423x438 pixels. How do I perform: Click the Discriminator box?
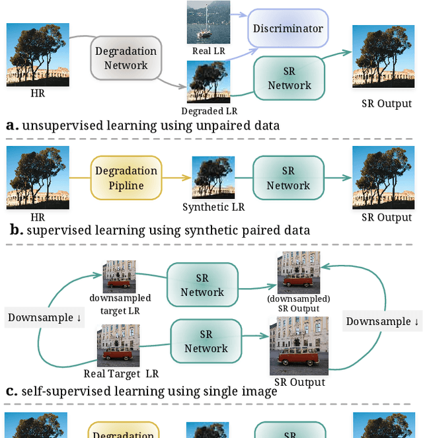point(288,28)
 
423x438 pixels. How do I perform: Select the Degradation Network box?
point(126,58)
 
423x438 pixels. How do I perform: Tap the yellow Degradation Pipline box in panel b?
point(126,178)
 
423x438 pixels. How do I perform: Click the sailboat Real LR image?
point(208,22)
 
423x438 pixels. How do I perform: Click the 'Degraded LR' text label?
point(209,111)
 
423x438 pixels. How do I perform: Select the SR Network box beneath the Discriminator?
point(289,78)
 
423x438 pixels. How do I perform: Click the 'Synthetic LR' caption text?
point(213,207)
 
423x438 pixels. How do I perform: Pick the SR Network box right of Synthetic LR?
point(288,178)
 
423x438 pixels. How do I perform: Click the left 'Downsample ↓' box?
point(44,318)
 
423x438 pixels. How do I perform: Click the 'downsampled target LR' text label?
point(120,304)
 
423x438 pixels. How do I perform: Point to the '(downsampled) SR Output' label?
point(298,303)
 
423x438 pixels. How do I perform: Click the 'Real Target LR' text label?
point(121,375)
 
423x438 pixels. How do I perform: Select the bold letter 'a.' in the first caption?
point(12,125)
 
